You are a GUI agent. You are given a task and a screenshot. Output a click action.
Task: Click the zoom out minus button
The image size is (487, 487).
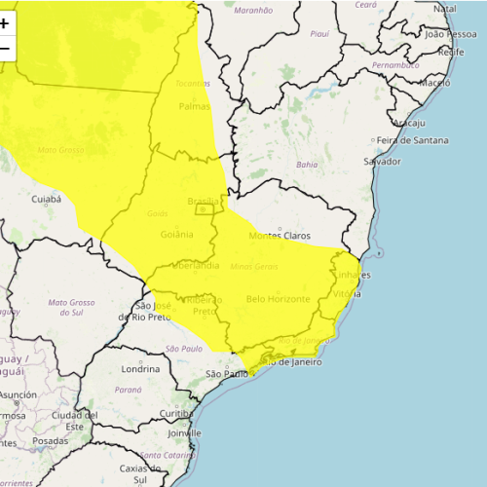[x=5, y=48]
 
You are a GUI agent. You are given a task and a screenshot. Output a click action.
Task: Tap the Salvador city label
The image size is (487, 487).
[x=382, y=161]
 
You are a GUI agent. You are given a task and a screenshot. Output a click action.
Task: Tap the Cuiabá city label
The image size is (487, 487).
[x=46, y=199]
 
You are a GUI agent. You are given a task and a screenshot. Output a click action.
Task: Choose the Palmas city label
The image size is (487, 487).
[x=195, y=107]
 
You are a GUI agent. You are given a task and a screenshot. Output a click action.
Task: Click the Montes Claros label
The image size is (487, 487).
[x=280, y=236]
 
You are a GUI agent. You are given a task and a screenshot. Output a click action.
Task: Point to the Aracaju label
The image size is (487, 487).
[x=409, y=124]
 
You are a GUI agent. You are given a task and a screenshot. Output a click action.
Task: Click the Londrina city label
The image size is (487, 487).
[x=140, y=369]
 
